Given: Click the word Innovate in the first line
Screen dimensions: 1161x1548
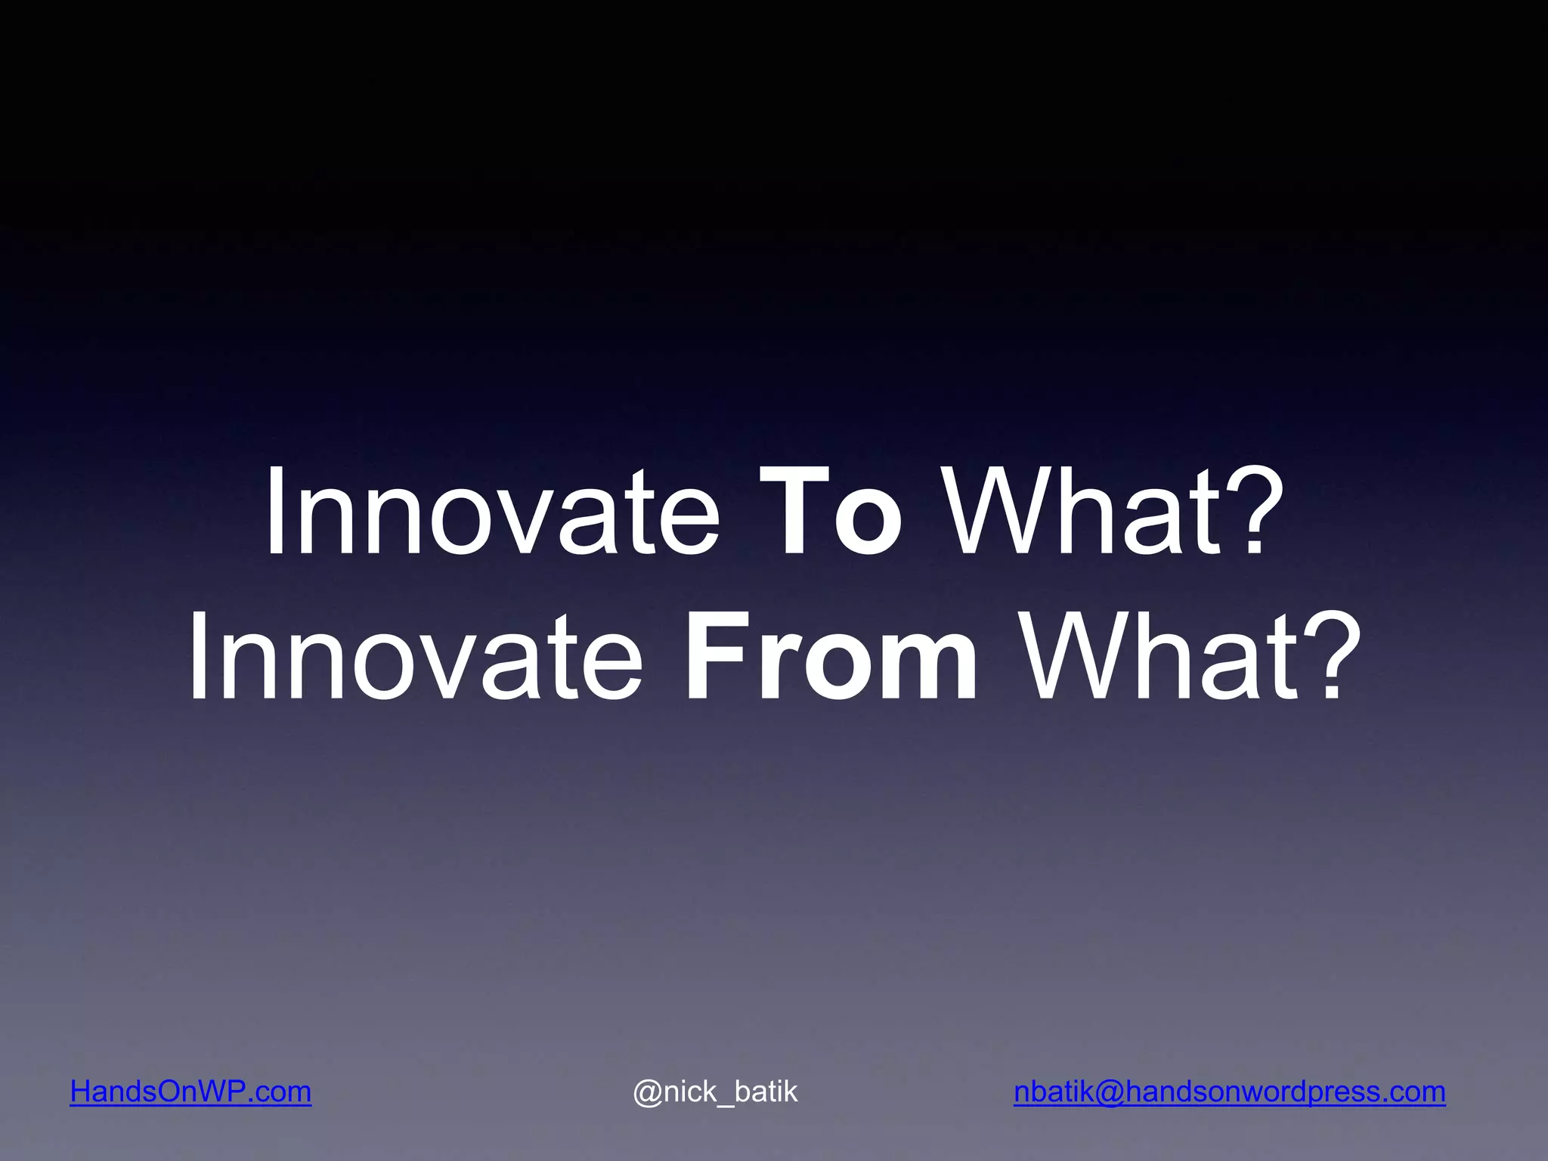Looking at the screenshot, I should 491,513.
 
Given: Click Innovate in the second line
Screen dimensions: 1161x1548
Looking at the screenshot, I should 415,658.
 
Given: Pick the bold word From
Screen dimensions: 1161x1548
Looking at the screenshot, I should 831,658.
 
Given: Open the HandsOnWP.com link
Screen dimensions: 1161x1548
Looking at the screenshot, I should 190,1091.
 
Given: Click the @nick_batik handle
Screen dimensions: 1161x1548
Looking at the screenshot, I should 715,1091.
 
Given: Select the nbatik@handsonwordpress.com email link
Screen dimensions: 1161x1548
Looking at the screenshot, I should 1229,1091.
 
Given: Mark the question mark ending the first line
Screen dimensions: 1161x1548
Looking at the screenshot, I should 1255,513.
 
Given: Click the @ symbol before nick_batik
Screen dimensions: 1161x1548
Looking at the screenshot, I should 648,1092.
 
